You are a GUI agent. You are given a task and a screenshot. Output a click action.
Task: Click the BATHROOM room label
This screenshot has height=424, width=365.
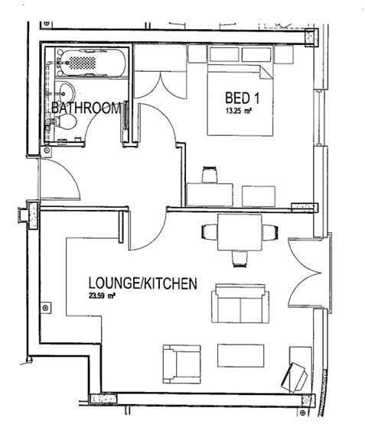pos(86,108)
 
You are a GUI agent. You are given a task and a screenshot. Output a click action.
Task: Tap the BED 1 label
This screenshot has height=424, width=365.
pos(242,98)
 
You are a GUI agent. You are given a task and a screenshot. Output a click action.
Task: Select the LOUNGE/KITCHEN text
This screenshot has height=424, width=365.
pos(142,283)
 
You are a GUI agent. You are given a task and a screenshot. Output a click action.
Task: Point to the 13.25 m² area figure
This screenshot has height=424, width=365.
pos(237,111)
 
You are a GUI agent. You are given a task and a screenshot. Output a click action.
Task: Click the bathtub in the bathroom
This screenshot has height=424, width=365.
pos(92,63)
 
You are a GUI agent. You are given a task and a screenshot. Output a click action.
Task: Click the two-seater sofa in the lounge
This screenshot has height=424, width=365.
pos(240,303)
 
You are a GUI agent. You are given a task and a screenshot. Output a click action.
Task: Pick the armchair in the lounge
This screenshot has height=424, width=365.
pos(181,364)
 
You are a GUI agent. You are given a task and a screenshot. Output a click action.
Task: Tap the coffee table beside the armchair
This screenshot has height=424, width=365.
pos(241,355)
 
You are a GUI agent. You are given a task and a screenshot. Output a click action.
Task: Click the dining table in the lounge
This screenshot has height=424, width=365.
pos(240,232)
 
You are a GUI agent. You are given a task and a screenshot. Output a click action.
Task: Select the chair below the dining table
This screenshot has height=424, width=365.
pos(240,259)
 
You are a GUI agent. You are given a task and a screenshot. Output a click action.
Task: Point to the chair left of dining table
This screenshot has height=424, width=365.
pos(210,232)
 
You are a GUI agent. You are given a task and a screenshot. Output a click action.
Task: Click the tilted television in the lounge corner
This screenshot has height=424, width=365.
pos(295,377)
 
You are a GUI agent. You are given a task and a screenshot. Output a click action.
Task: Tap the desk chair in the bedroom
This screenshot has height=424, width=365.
pos(210,174)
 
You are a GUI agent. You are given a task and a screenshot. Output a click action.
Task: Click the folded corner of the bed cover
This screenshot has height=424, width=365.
pos(266,72)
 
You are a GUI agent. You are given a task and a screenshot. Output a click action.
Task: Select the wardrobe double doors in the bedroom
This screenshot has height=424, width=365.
pos(161,84)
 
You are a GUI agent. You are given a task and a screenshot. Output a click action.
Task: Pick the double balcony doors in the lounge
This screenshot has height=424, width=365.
pos(303,272)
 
